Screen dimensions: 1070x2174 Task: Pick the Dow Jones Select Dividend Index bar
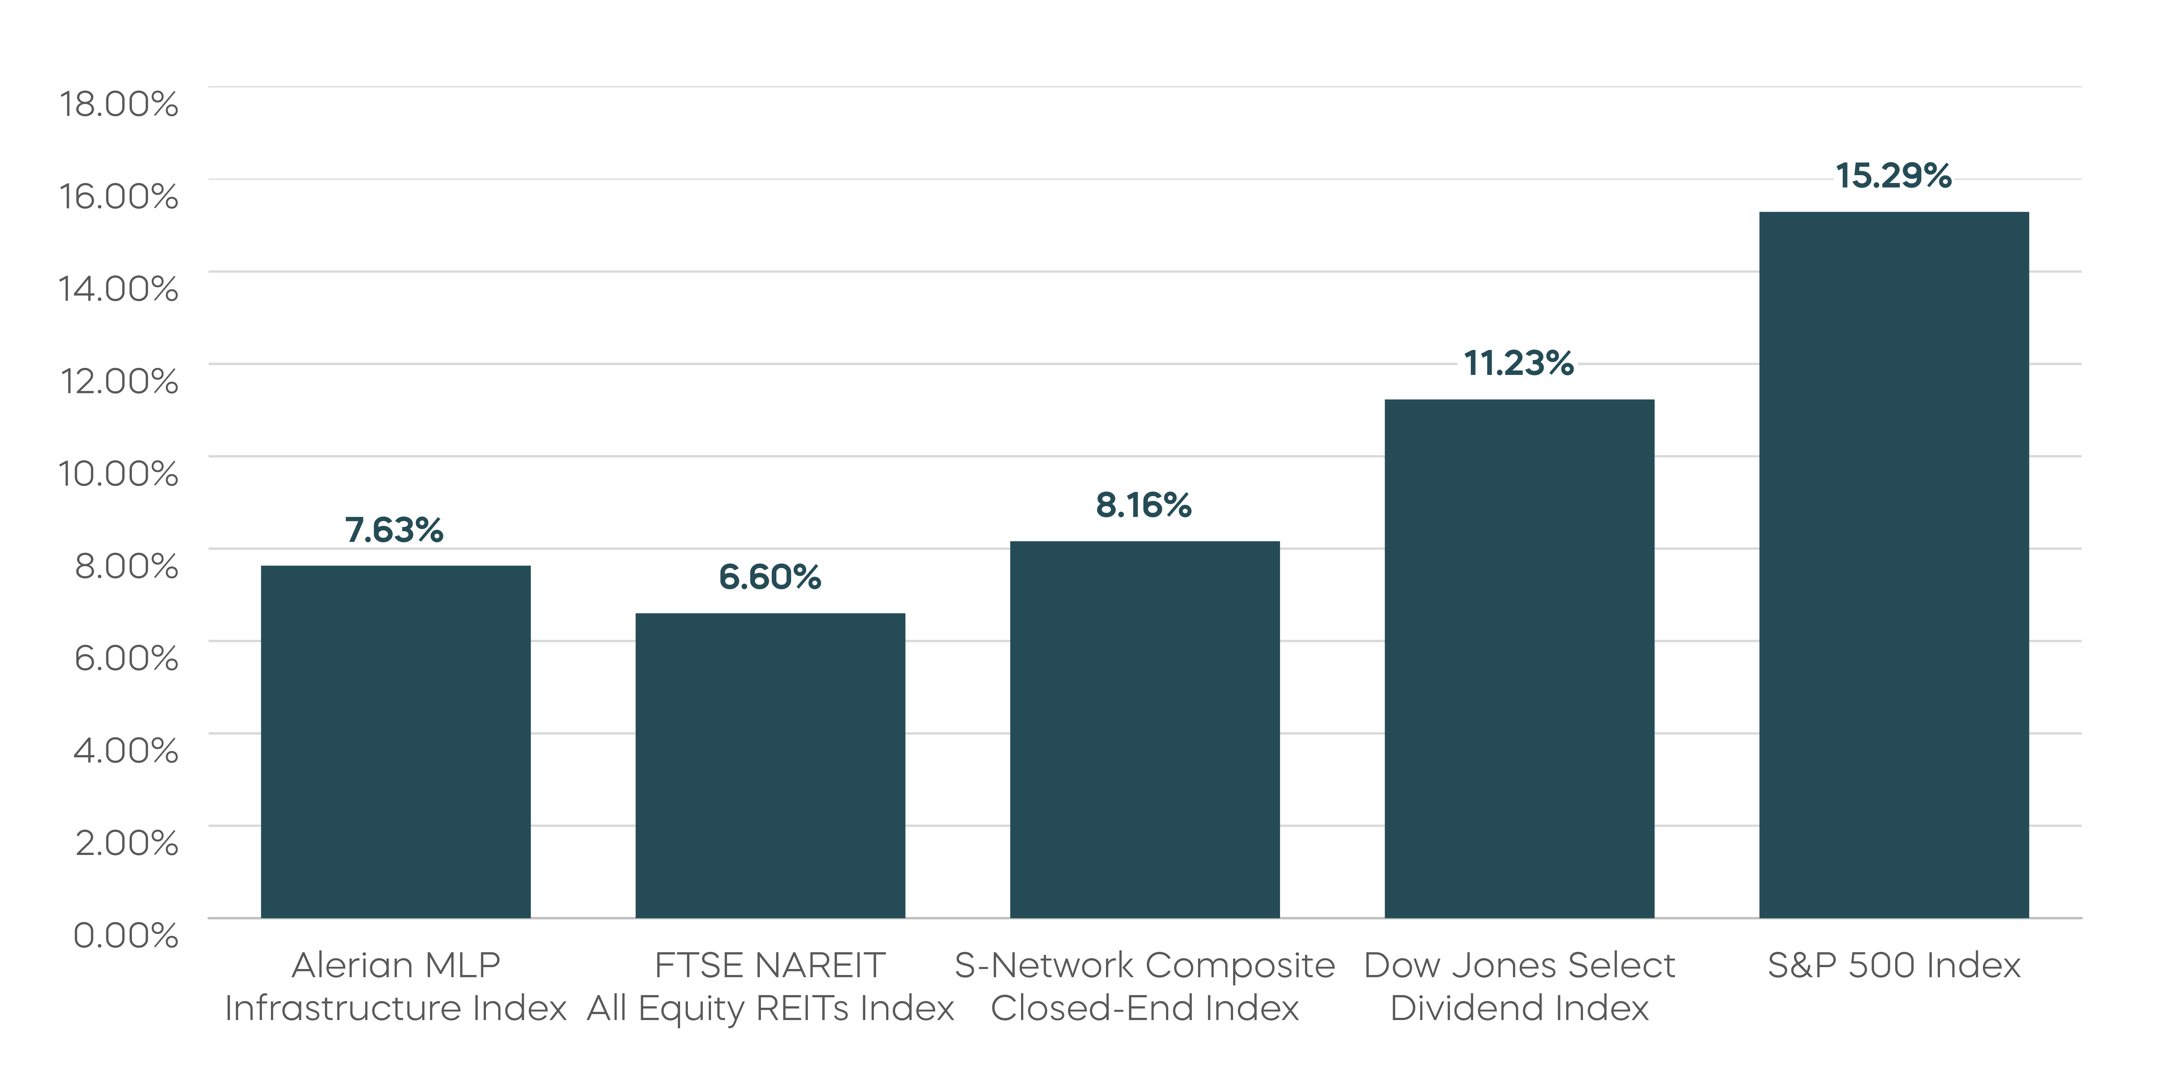pos(1519,658)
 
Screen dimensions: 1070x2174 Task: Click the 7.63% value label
pos(394,530)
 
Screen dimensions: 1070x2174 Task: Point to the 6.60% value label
pos(770,577)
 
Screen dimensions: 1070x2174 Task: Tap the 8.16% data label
pos(1144,505)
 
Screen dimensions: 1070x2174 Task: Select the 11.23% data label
pos(1518,364)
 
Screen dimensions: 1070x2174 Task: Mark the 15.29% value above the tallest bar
pos(1893,176)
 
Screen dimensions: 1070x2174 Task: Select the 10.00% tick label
pos(118,473)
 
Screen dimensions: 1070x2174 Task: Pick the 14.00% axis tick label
pos(118,288)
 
